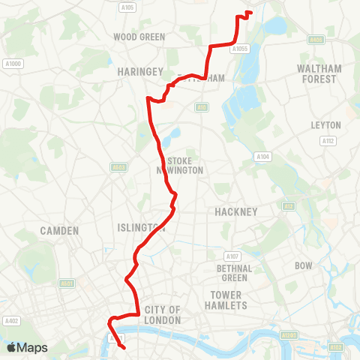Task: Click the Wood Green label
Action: pyautogui.click(x=139, y=36)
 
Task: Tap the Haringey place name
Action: pyautogui.click(x=139, y=71)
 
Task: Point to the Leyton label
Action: pyautogui.click(x=326, y=124)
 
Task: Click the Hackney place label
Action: pyautogui.click(x=236, y=211)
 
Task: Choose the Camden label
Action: pyautogui.click(x=60, y=230)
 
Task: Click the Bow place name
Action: pyautogui.click(x=304, y=265)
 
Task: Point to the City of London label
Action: pyautogui.click(x=163, y=315)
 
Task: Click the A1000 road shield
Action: pyautogui.click(x=13, y=64)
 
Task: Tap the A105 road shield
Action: pyautogui.click(x=127, y=8)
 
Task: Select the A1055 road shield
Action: pyautogui.click(x=240, y=49)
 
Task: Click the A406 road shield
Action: pyautogui.click(x=317, y=40)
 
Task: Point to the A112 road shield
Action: pyautogui.click(x=328, y=140)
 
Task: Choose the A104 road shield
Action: pyautogui.click(x=262, y=157)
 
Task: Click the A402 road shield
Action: pyautogui.click(x=10, y=321)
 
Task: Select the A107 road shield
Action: pyautogui.click(x=232, y=256)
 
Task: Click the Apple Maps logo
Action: pyautogui.click(x=27, y=347)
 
